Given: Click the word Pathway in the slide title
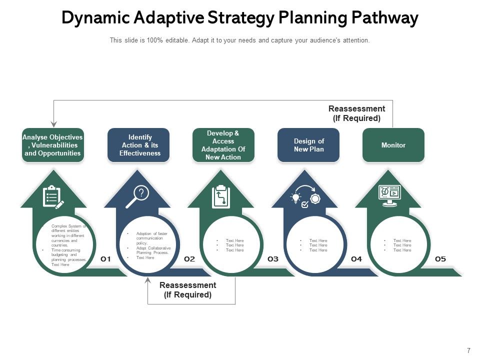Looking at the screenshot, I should point(384,18).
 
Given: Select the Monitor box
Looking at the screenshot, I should point(393,145).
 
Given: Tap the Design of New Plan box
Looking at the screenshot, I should point(308,145).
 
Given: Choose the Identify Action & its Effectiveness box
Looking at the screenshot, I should point(138,145).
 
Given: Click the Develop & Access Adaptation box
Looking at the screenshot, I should point(223,145).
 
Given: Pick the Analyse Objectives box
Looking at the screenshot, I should point(53,145).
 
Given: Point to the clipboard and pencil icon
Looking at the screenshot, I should point(53,196).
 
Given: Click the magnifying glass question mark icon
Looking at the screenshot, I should point(137,196).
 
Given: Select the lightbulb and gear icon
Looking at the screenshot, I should point(305,198).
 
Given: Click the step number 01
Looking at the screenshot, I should point(105,259).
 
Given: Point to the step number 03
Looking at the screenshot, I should point(272,259).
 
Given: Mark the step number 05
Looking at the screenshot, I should point(440,259).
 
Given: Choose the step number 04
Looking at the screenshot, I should point(356,259).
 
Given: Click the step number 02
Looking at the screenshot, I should point(189,259).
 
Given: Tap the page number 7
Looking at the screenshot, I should point(468,350).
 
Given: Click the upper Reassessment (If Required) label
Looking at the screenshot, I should point(356,113).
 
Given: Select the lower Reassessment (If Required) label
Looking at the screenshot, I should point(187,290).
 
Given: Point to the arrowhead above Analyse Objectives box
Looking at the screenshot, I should point(54,123).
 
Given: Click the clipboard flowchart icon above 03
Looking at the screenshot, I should point(220,196).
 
